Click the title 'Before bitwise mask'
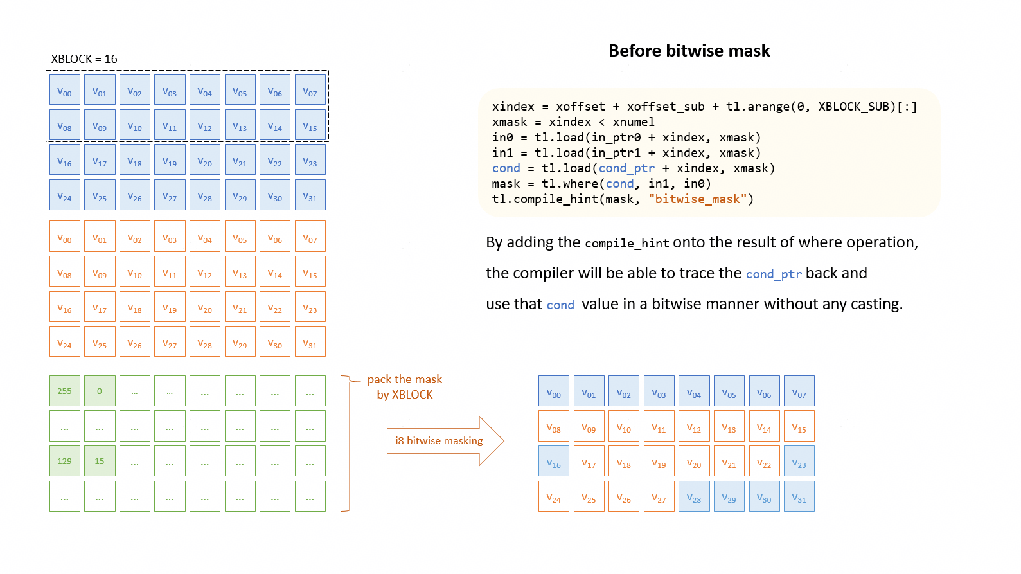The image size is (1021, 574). tap(689, 51)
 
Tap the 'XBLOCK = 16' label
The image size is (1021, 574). tap(84, 59)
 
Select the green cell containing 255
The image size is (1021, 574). tap(65, 391)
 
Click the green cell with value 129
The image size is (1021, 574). tap(65, 461)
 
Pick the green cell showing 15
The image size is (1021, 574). tap(100, 461)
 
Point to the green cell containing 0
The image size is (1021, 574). tap(100, 391)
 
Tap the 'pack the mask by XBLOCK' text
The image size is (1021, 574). tap(405, 387)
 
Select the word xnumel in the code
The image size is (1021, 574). tap(634, 122)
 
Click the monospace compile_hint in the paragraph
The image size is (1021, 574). tap(627, 243)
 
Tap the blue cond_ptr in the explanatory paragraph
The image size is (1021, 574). tap(774, 274)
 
